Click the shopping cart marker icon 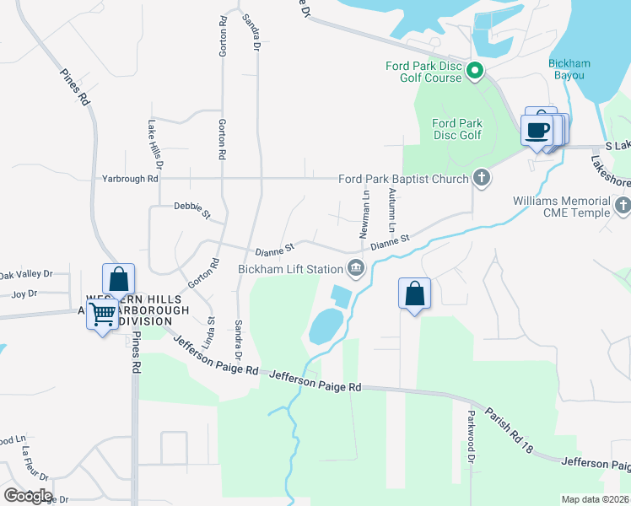click(x=103, y=314)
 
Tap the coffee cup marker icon click(x=537, y=130)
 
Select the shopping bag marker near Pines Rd click(x=119, y=279)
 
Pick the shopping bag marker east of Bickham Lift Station click(x=414, y=293)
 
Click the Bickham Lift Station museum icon click(x=356, y=269)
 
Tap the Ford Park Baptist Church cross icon click(x=481, y=178)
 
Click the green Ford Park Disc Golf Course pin click(x=474, y=72)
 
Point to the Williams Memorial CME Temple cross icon click(x=623, y=205)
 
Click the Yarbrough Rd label click(x=130, y=179)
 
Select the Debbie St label click(x=191, y=208)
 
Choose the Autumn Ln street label click(x=391, y=210)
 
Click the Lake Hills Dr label click(x=154, y=139)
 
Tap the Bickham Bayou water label click(x=569, y=69)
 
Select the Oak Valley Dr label click(x=26, y=274)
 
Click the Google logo click(x=27, y=495)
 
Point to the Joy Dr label click(x=25, y=293)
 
